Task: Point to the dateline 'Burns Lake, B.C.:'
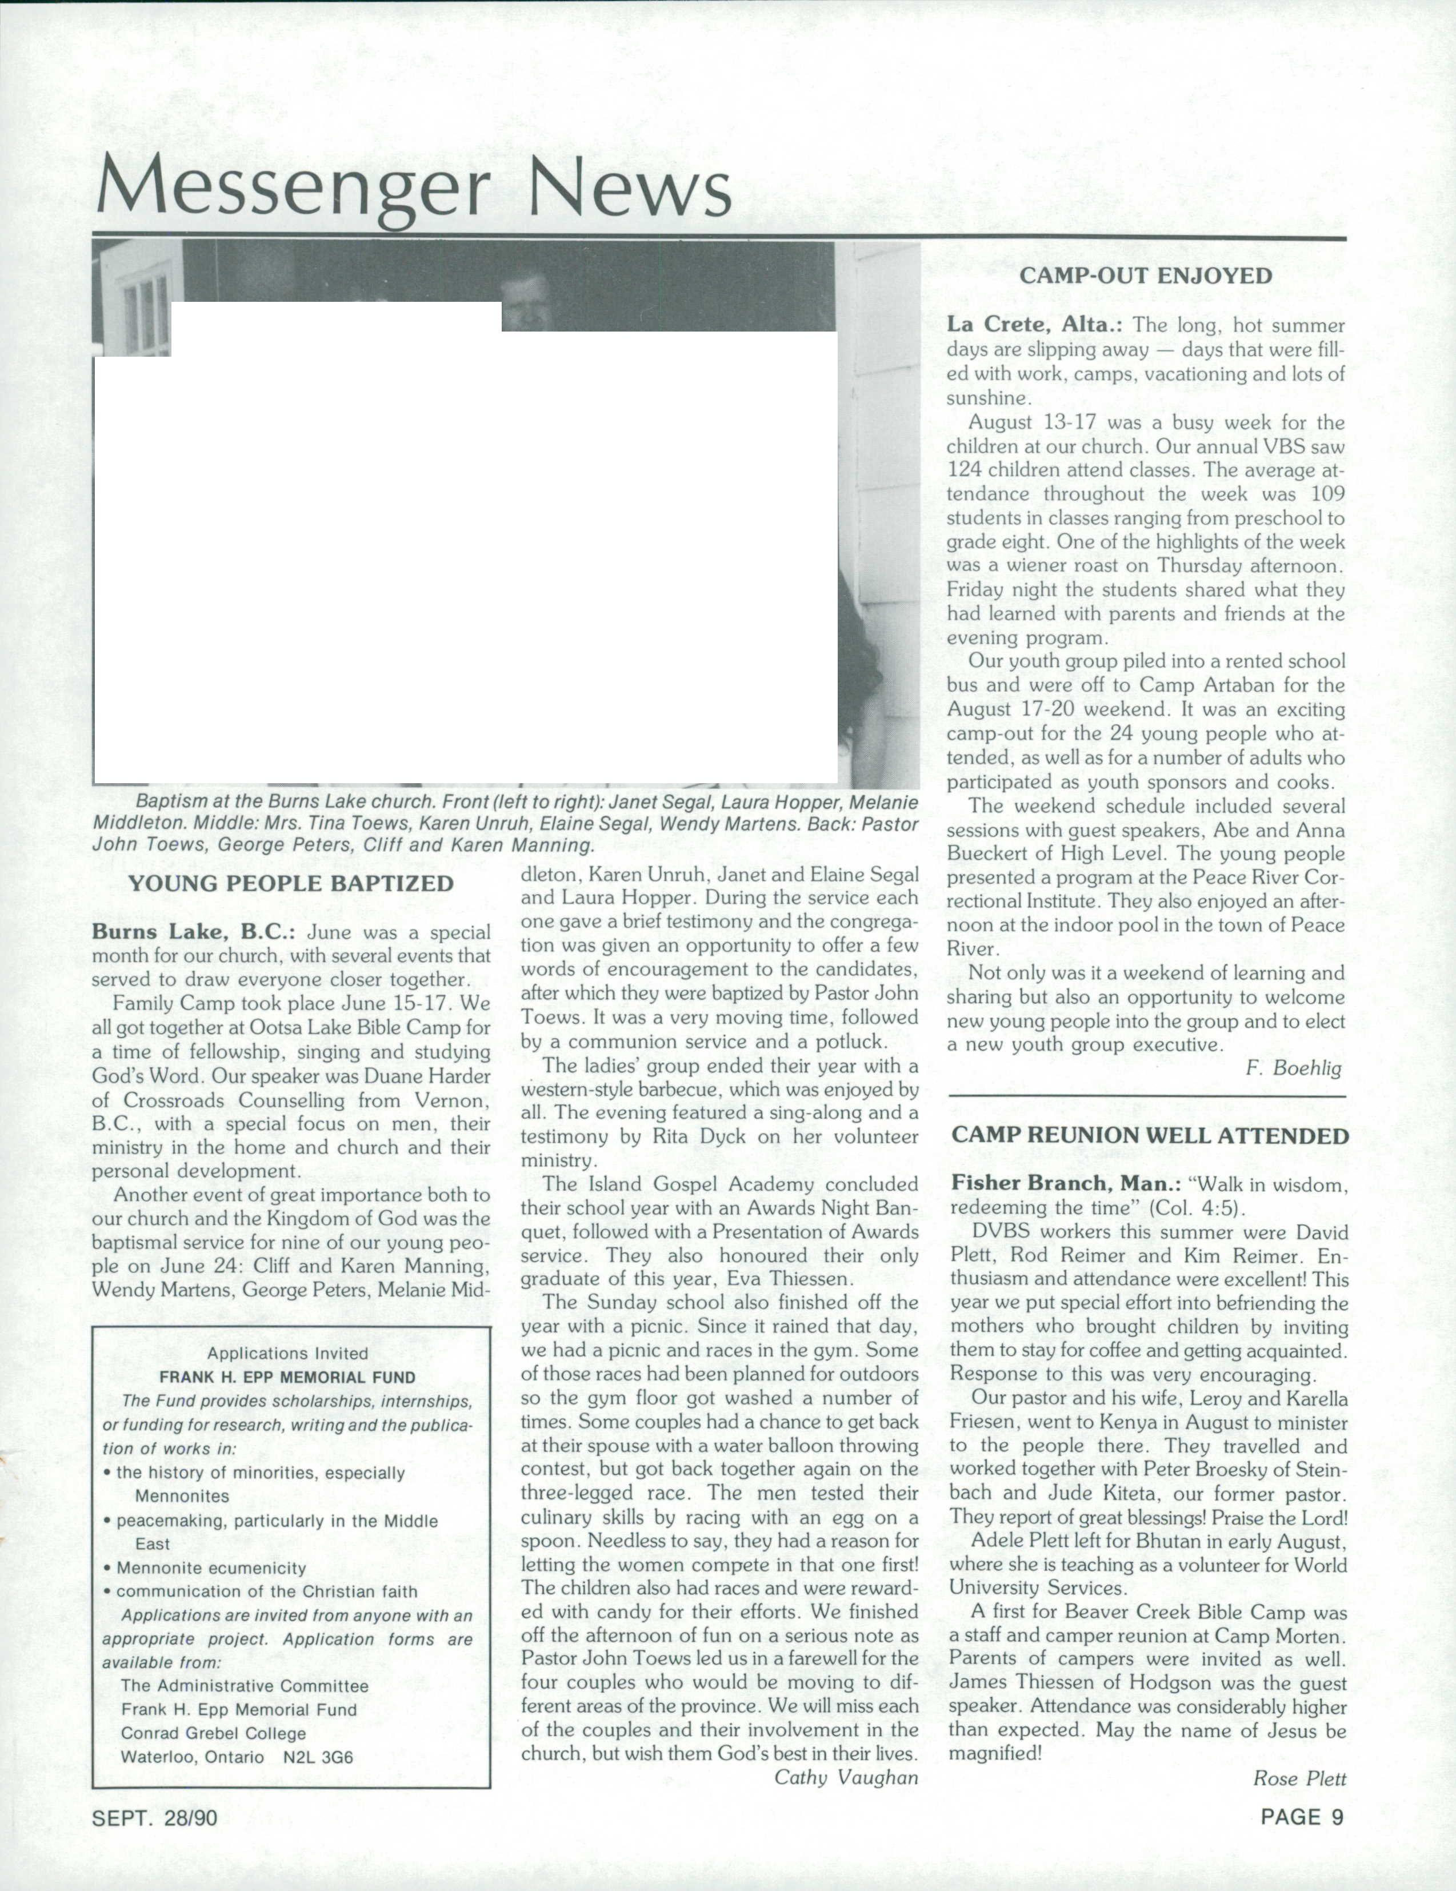pyautogui.click(x=195, y=932)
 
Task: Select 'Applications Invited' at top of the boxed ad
pyautogui.click(x=287, y=1353)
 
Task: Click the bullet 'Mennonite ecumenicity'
pyautogui.click(x=211, y=1568)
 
